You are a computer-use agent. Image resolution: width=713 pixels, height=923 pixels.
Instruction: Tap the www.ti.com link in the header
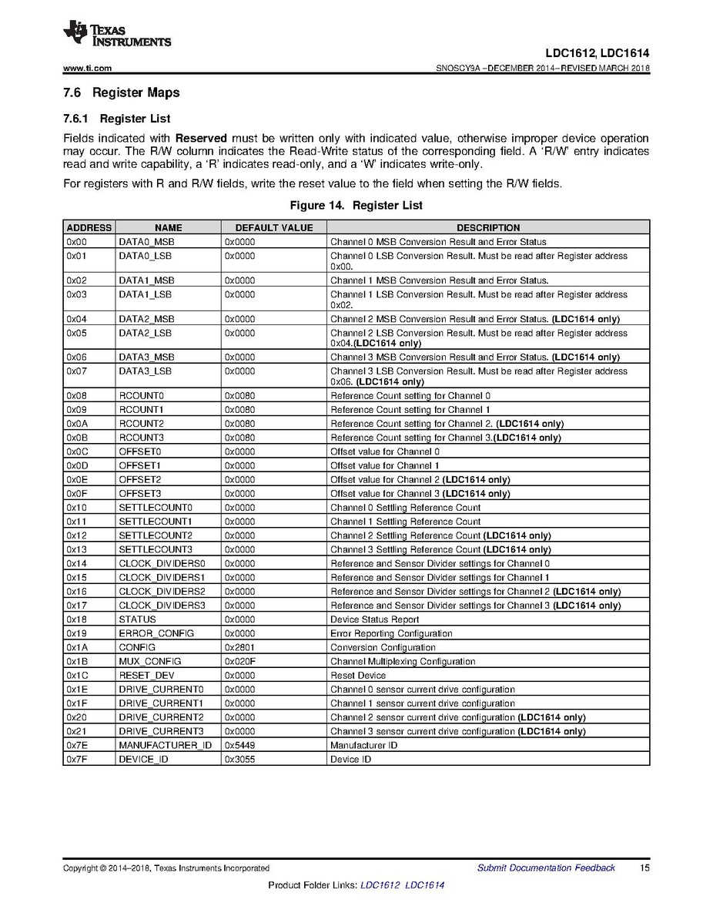point(88,69)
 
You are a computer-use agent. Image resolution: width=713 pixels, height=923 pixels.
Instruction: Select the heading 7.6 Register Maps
point(121,92)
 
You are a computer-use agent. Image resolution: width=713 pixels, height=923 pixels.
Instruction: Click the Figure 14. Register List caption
point(356,206)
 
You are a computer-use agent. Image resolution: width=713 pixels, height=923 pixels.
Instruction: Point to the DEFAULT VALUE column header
point(273,228)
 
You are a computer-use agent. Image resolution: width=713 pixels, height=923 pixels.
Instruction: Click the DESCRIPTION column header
point(487,228)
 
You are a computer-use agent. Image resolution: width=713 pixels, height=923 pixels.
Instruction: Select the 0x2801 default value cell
point(240,647)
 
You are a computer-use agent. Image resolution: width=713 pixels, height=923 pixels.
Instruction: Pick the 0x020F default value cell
point(240,661)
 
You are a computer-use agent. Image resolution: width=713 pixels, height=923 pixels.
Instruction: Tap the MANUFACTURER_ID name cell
point(166,745)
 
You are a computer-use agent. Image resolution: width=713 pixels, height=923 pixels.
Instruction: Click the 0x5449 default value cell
point(240,745)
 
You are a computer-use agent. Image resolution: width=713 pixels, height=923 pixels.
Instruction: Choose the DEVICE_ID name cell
point(143,759)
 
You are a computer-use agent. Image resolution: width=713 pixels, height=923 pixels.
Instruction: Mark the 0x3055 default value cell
point(240,759)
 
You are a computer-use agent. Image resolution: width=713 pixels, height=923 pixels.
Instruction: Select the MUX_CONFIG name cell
point(150,661)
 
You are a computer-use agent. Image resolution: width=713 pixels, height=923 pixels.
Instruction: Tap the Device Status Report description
point(375,619)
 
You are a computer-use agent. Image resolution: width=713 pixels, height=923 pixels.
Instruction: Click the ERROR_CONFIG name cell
point(156,633)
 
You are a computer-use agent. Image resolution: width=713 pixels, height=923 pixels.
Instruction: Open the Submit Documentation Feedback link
point(546,868)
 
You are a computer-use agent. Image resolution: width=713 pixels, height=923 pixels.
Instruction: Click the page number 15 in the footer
point(644,868)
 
